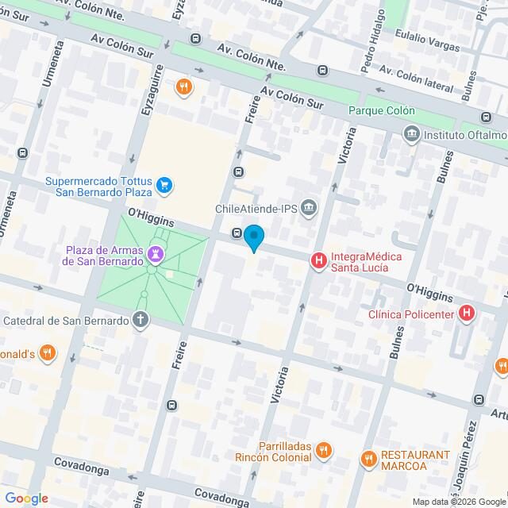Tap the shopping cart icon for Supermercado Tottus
pos(164,186)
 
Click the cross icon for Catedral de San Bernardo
pos(140,321)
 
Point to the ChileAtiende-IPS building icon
pos(309,209)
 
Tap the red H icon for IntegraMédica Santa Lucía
pos(319,260)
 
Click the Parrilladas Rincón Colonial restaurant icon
pos(322,451)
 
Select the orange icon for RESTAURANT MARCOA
pos(368,459)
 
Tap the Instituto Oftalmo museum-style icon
pos(410,133)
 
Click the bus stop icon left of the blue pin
pos(237,233)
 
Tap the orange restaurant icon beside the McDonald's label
pos(48,352)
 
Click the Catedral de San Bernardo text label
pos(66,321)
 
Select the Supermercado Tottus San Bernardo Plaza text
pos(98,186)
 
